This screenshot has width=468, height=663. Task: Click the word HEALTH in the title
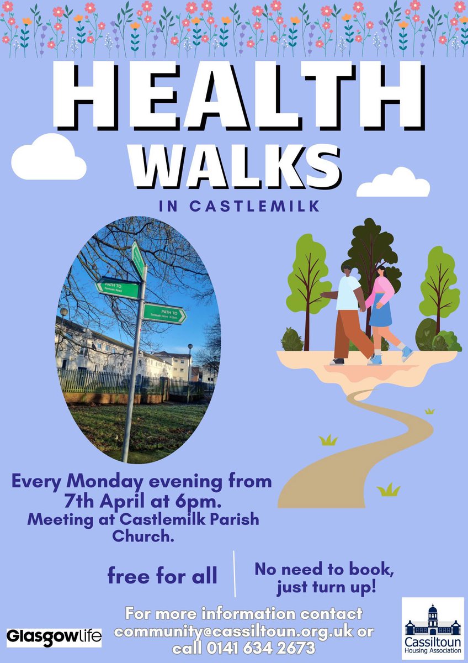[x=234, y=94]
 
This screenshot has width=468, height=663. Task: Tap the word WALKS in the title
[x=234, y=164]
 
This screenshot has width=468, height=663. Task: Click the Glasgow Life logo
[x=54, y=636]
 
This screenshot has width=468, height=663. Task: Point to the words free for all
[x=162, y=576]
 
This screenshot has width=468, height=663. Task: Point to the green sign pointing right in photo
[x=164, y=314]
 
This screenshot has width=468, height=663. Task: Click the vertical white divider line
[x=235, y=573]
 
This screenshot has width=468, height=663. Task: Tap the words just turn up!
[x=326, y=586]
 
